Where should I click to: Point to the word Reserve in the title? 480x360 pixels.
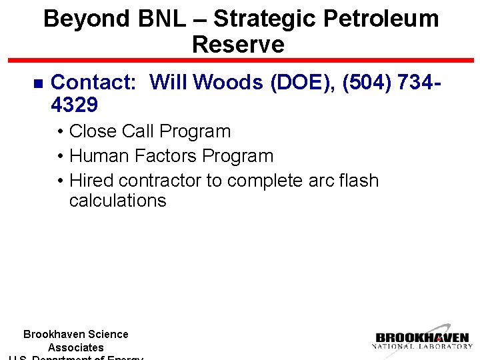238,45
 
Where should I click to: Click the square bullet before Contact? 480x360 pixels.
37,83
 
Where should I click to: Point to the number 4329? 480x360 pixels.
74,105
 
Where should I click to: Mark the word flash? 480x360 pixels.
356,181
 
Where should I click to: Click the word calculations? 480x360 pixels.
117,201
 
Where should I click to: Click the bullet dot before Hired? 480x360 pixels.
60,181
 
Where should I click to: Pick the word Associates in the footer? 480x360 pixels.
76,347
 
